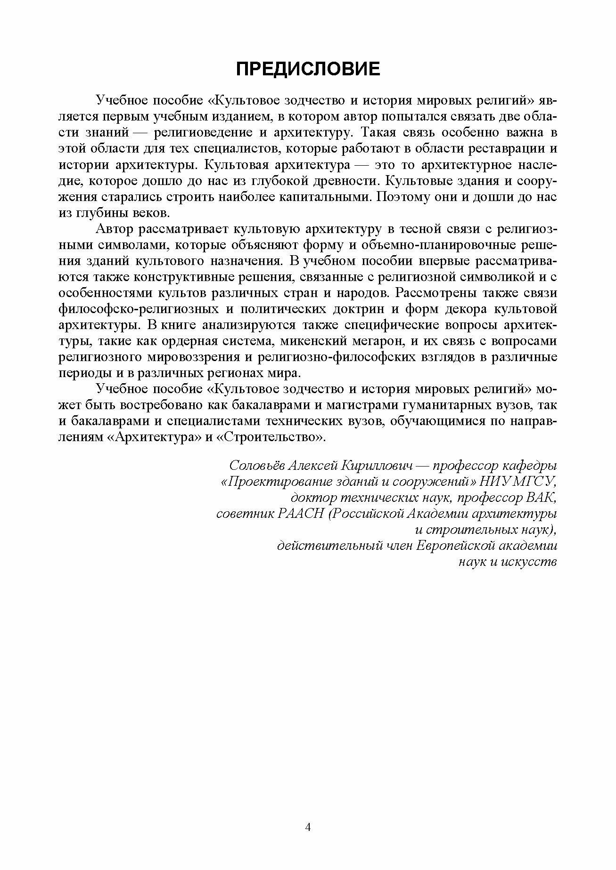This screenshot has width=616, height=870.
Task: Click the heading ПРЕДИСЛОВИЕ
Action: tap(308, 69)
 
